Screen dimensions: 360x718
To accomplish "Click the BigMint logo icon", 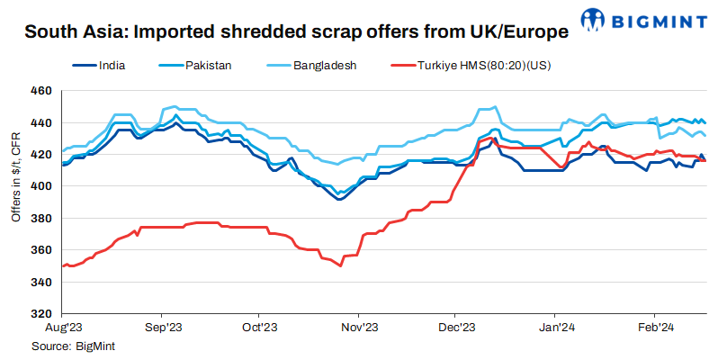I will (594, 19).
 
